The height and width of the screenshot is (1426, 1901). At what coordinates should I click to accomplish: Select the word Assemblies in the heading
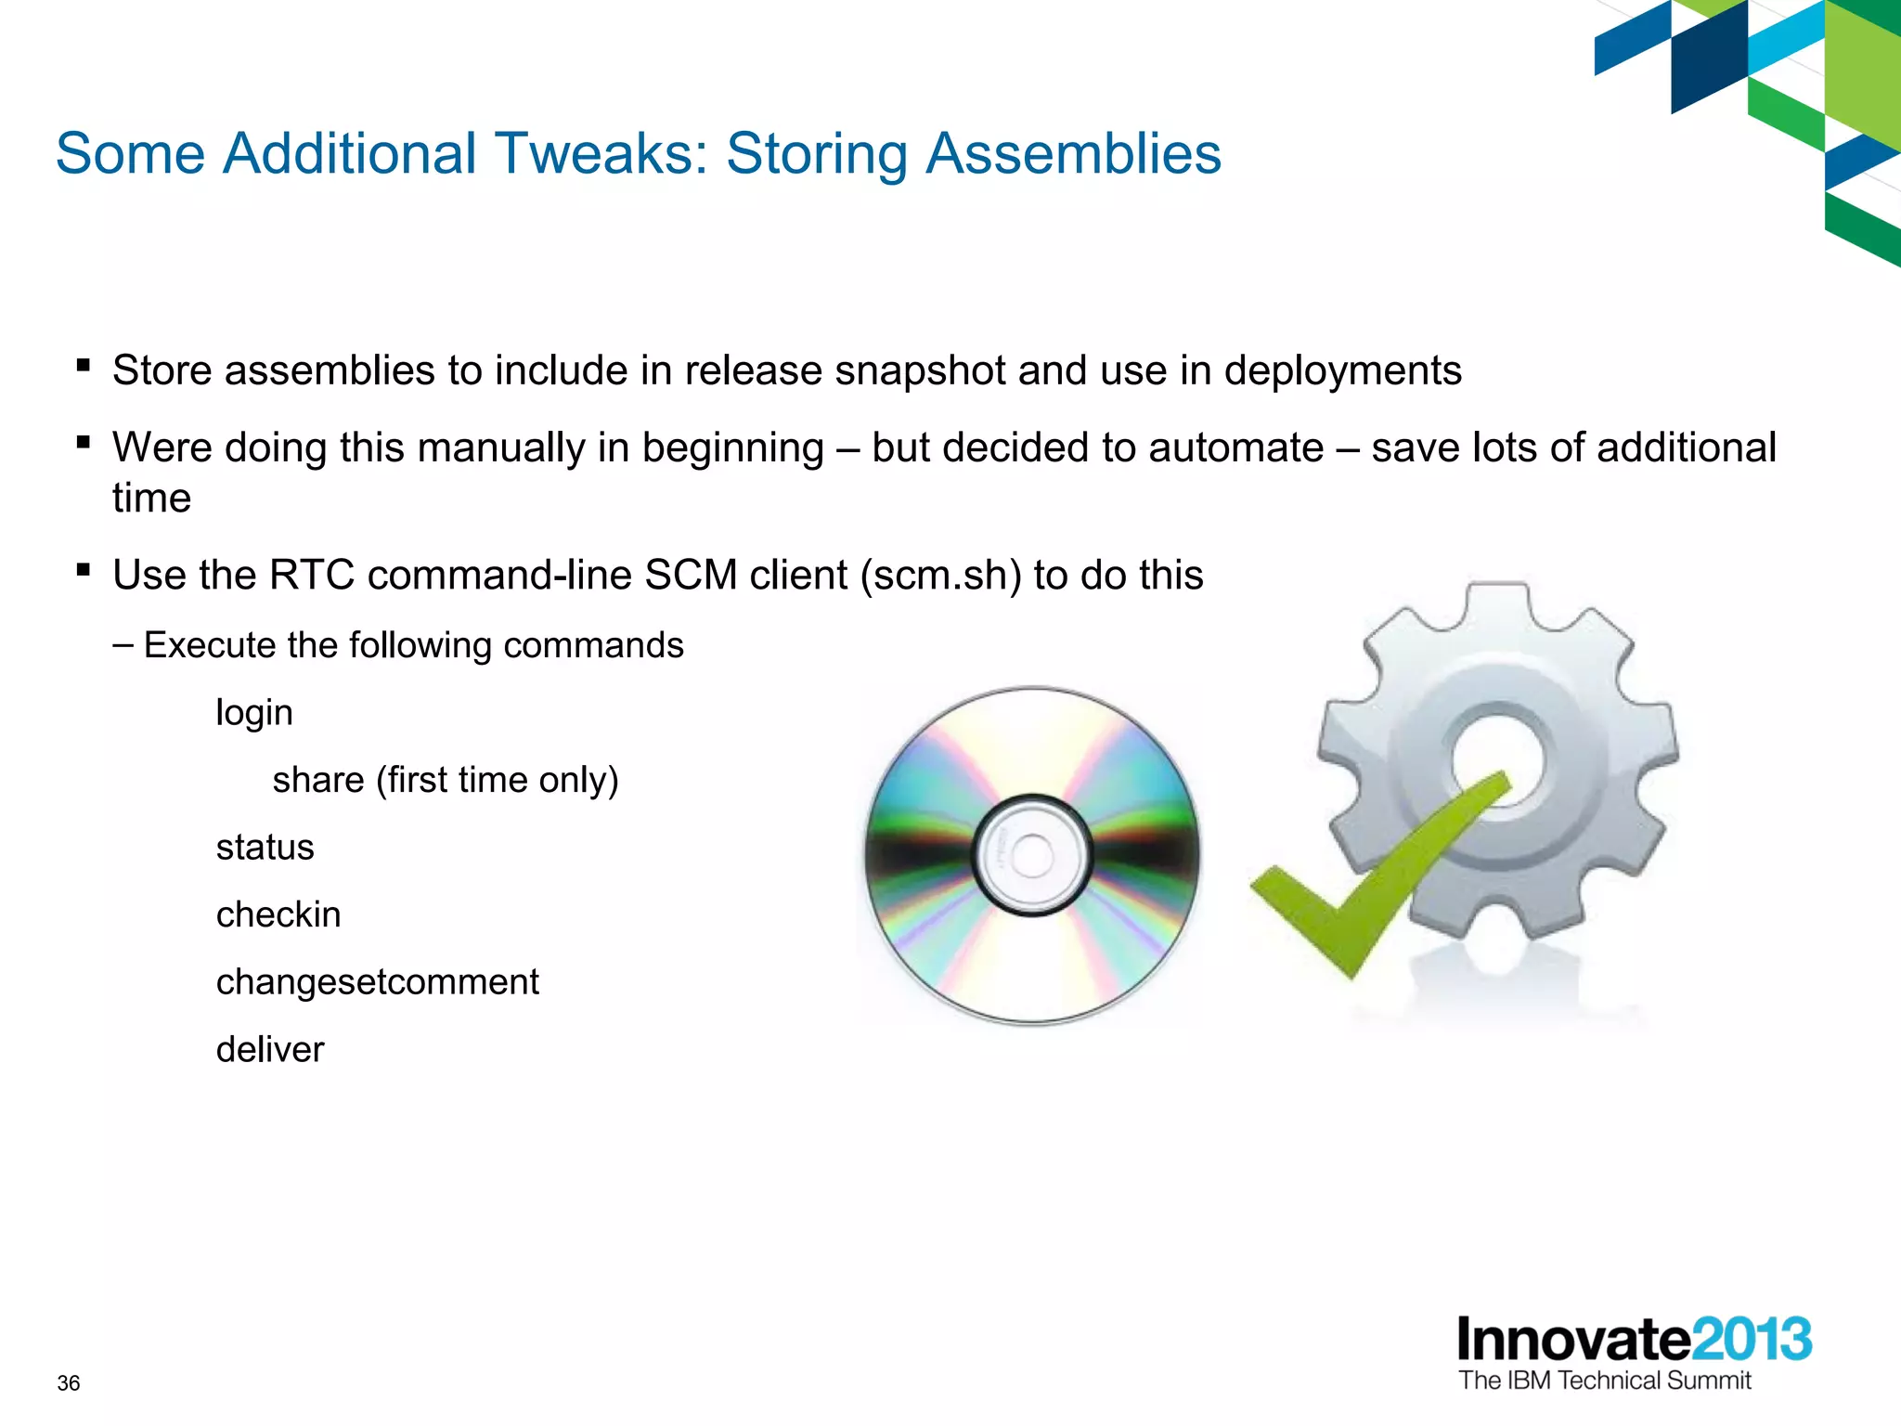click(x=1074, y=153)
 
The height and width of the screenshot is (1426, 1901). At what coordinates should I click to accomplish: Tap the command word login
click(x=254, y=713)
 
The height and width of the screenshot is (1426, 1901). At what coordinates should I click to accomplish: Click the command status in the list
click(x=265, y=848)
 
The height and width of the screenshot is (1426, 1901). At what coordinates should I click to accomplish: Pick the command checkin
click(x=278, y=915)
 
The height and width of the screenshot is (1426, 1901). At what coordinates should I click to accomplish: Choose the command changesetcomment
click(x=377, y=982)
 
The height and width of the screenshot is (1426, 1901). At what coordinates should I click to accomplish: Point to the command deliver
click(x=270, y=1050)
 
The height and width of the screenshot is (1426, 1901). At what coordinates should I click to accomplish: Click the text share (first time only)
click(x=445, y=780)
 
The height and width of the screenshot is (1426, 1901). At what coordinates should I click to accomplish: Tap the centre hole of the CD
click(x=1031, y=855)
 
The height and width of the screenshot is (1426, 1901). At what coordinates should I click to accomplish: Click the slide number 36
click(x=69, y=1383)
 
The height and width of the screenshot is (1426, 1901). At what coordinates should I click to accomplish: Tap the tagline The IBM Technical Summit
click(x=1604, y=1381)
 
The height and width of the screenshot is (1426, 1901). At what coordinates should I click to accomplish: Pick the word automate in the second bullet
click(x=1235, y=448)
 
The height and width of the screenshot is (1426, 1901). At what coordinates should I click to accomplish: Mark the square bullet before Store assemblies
click(x=84, y=366)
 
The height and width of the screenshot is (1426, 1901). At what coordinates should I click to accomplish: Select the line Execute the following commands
click(x=413, y=645)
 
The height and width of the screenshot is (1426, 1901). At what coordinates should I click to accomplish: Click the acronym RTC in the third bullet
click(x=312, y=576)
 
